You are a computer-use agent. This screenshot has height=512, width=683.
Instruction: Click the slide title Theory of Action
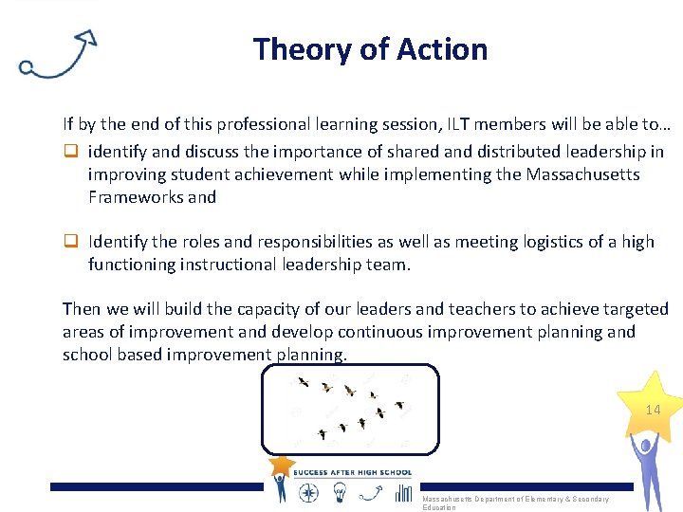[370, 49]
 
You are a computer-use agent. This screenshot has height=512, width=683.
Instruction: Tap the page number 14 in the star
[653, 411]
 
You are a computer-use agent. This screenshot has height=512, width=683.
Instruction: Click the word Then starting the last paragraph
[81, 309]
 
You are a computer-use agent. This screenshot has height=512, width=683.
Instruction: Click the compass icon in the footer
[308, 492]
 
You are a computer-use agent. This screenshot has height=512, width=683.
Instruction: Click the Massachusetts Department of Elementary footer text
[515, 500]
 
